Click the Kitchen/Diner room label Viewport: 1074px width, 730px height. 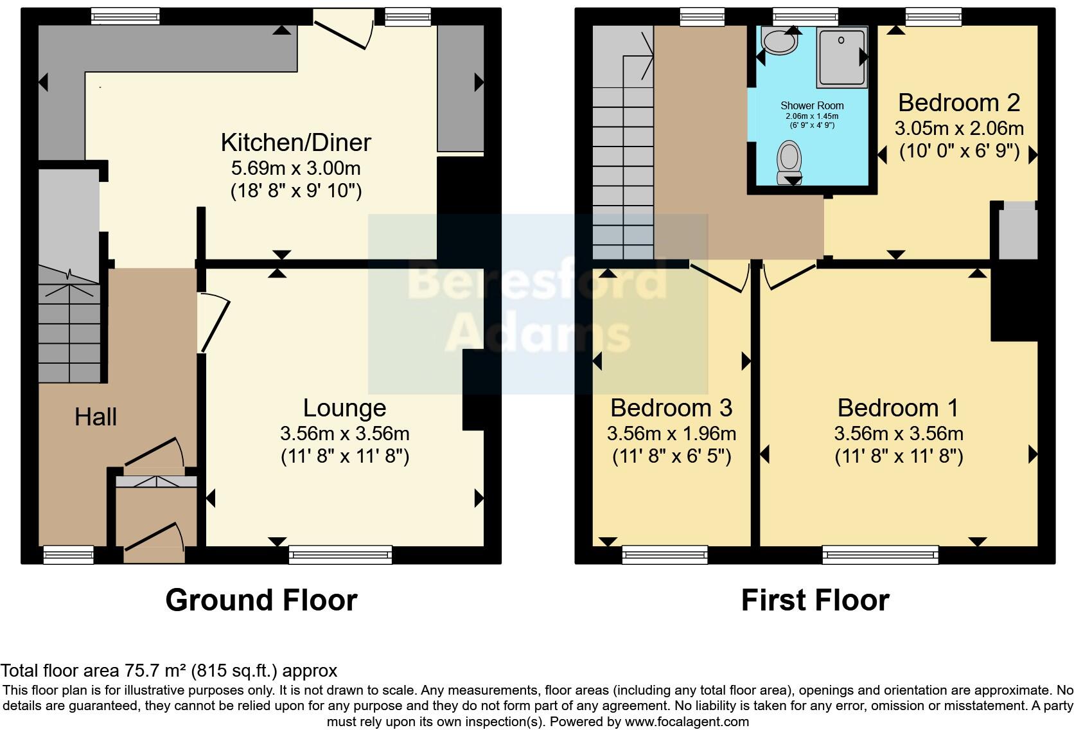295,143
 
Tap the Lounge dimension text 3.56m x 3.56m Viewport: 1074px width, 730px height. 345,434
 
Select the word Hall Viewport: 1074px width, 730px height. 95,417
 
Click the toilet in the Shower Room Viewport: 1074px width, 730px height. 789,161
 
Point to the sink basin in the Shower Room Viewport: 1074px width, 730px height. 779,42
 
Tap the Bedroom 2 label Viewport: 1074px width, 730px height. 958,103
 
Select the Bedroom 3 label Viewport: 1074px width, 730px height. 671,408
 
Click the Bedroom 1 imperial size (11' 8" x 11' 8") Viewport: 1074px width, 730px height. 899,457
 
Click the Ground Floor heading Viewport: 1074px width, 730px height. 261,600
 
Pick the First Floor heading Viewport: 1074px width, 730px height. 814,600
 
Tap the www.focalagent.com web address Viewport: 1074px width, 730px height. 686,722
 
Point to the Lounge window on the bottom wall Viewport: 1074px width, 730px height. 340,555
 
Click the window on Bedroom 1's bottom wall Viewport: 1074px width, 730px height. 880,555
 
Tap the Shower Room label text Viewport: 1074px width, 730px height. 812,106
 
